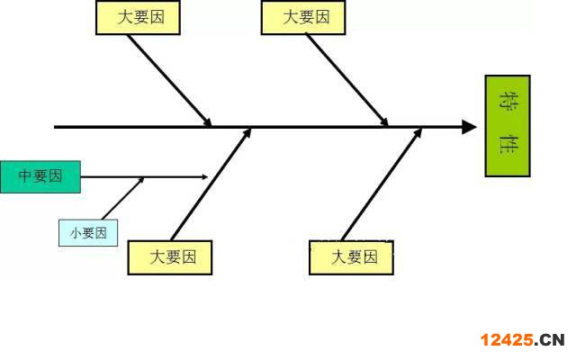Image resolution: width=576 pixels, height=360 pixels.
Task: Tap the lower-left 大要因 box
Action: point(171,257)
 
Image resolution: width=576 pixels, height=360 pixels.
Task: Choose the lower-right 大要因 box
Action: point(352,257)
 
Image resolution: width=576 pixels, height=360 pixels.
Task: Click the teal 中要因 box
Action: point(40,176)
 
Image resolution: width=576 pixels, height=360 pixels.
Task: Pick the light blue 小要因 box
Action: point(87,233)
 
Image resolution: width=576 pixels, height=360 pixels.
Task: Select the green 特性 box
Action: point(508,126)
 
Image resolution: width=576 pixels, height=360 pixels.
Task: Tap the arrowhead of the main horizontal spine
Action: point(468,127)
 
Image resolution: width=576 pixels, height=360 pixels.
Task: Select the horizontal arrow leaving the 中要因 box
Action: point(144,176)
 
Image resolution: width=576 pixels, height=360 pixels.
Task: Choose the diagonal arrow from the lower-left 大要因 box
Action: point(211,184)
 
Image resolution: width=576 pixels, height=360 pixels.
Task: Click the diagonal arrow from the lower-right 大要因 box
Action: point(382,184)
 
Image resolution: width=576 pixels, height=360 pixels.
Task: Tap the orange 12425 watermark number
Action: point(508,339)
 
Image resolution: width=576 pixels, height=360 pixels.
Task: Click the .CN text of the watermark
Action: point(552,339)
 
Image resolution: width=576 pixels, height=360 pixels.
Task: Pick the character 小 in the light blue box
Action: point(75,233)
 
